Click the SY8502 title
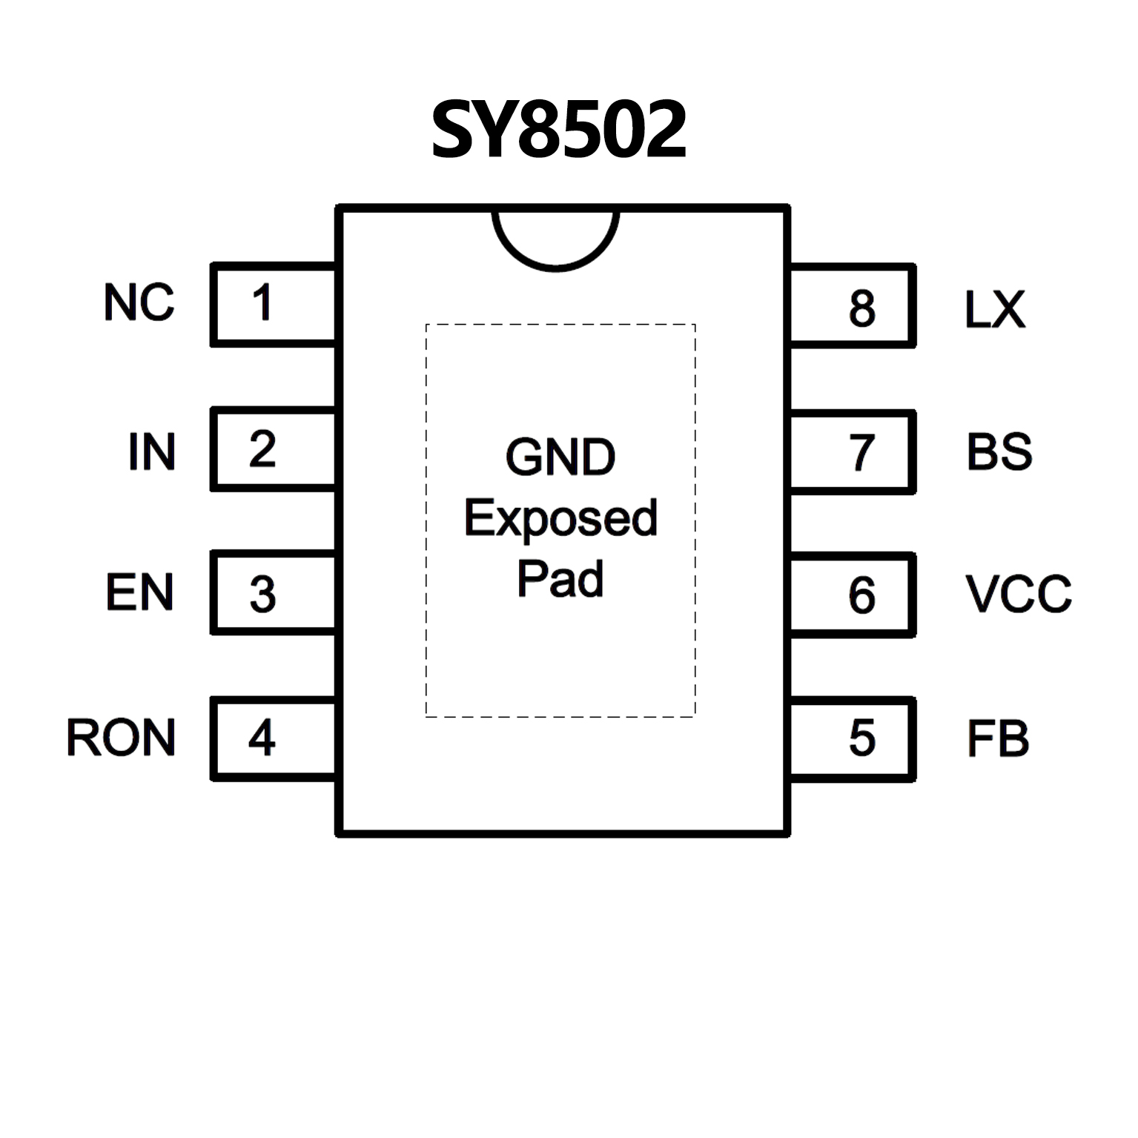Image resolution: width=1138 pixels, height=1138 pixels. click(x=559, y=131)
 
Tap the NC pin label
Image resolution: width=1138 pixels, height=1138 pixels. click(x=139, y=302)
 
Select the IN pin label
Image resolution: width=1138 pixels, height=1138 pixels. click(x=152, y=451)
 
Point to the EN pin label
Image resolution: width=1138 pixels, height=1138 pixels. click(x=139, y=592)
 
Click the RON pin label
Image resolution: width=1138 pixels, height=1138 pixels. click(x=122, y=738)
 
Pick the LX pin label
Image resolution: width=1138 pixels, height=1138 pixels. click(x=995, y=309)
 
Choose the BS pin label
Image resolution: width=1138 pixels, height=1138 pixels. click(x=999, y=451)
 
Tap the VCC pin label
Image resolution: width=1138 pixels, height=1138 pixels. click(x=1019, y=594)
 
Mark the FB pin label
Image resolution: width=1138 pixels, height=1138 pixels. click(x=998, y=738)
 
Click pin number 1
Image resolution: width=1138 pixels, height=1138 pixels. click(x=262, y=302)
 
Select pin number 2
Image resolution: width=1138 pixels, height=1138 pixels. click(x=262, y=449)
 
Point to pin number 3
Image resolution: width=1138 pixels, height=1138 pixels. click(x=262, y=595)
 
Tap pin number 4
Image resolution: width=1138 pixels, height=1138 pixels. click(x=262, y=738)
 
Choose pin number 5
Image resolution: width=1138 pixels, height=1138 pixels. click(x=862, y=738)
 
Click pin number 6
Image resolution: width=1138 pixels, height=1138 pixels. click(x=862, y=595)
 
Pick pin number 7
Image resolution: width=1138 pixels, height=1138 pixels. click(x=861, y=452)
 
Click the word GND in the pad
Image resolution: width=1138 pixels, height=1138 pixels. click(x=560, y=457)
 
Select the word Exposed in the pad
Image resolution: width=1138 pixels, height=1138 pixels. click(x=560, y=518)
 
